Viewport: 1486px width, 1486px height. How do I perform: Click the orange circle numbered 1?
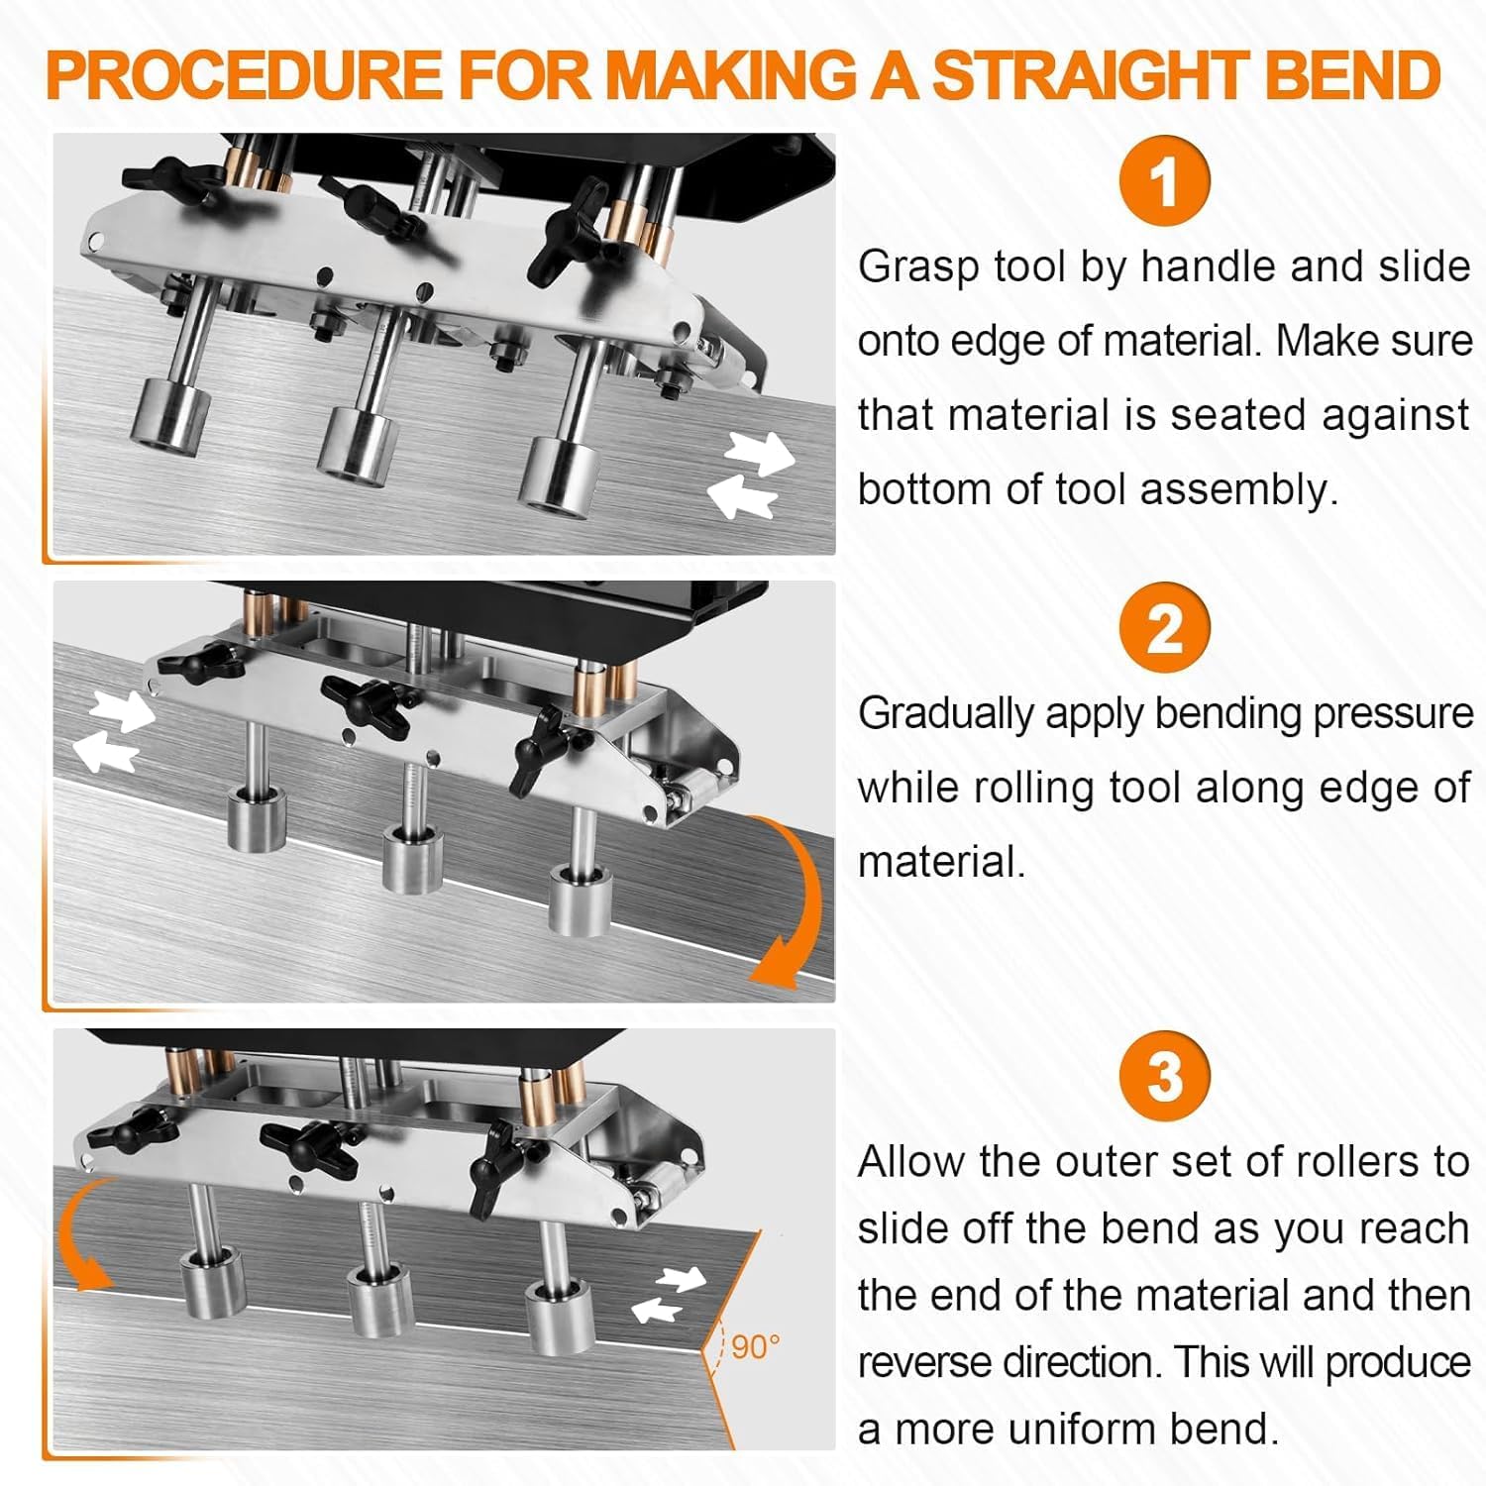tap(1164, 181)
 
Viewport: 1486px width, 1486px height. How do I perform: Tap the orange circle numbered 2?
tap(1164, 628)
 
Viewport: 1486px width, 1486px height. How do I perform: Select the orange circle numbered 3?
tap(1164, 1076)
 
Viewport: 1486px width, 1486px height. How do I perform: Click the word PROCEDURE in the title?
tap(244, 74)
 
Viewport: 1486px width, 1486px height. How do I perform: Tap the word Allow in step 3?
tap(910, 1162)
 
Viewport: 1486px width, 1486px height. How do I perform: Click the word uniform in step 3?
tap(1080, 1429)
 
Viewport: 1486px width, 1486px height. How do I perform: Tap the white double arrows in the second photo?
tap(116, 731)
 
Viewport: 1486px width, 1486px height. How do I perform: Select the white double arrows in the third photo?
tap(669, 1294)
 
